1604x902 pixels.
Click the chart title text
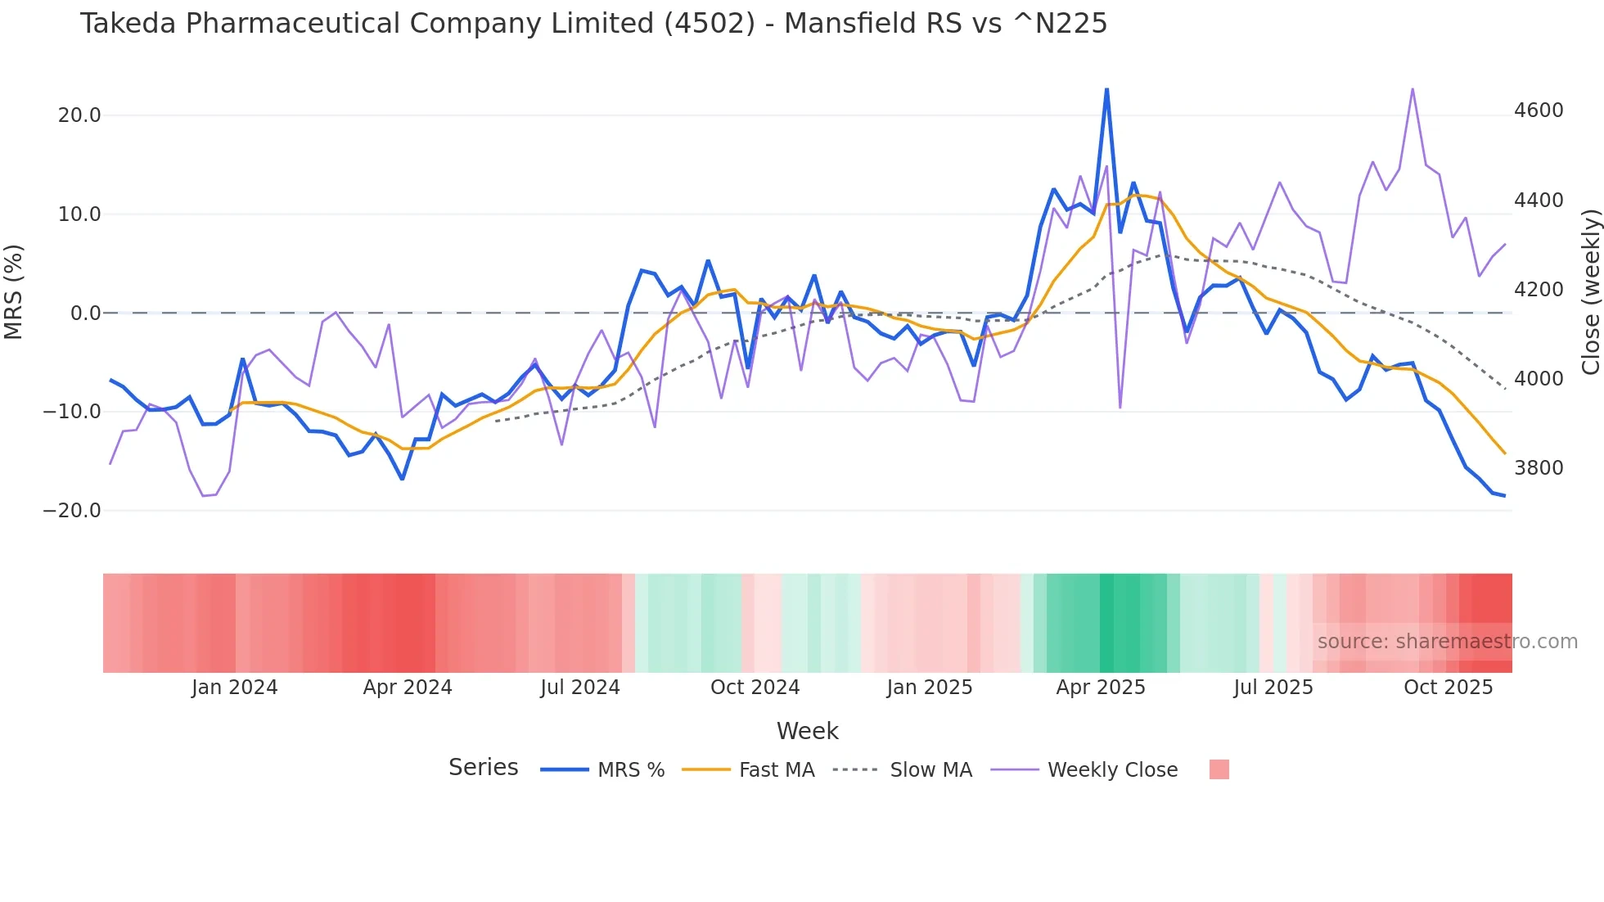pos(593,24)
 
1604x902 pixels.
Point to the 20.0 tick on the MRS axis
pos(79,115)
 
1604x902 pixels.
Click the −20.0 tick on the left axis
pos(72,511)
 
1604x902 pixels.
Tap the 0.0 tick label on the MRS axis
pos(85,313)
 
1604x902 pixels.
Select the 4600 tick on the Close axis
pos(1539,110)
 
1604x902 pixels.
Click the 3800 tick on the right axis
pos(1539,468)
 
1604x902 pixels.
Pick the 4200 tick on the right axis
pos(1539,290)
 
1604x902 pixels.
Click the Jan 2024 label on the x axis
pos(235,688)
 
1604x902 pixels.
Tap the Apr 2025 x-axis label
pos(1101,688)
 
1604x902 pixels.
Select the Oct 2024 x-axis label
pos(755,688)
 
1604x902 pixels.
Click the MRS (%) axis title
pos(14,292)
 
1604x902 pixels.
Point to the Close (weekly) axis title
pos(1590,292)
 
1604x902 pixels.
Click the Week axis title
pos(807,731)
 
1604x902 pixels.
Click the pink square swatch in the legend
pos(1219,770)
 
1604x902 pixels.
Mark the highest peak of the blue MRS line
pos(1106,89)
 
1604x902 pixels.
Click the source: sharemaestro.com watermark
pos(1447,642)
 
